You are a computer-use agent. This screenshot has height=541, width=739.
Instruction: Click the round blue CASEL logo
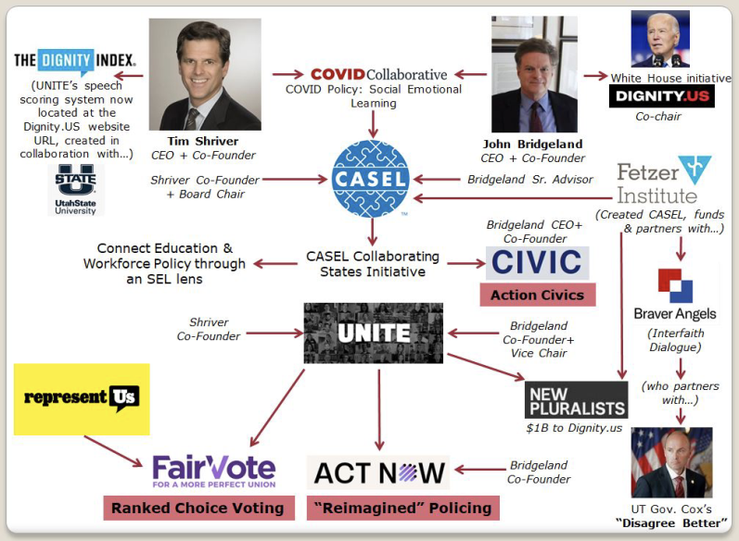371,179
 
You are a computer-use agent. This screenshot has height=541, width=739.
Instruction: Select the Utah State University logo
76,188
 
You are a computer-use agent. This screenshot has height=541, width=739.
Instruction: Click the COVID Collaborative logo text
378,74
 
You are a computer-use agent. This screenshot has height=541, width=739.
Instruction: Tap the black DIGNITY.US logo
661,96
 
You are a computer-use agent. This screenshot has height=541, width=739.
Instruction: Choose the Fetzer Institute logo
663,182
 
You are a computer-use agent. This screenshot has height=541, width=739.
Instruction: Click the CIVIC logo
538,262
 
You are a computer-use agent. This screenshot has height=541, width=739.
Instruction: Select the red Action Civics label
537,295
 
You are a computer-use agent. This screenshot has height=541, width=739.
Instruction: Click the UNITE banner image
374,333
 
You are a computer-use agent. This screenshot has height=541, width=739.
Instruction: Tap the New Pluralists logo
576,400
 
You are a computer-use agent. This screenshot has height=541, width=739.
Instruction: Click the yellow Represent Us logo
82,399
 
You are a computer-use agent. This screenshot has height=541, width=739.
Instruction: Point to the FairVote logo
213,471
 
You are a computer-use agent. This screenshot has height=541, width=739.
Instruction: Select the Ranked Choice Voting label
197,508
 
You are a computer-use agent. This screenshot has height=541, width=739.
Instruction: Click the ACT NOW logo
378,472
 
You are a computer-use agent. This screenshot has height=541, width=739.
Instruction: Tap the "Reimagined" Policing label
402,508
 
